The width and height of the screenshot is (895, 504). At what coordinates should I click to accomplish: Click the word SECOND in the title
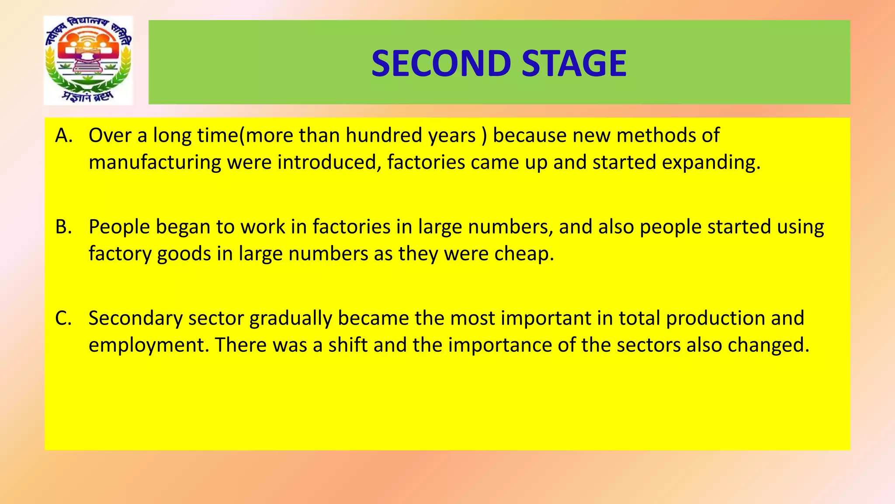pyautogui.click(x=441, y=63)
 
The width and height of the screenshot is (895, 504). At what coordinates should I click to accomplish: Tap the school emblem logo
pyautogui.click(x=88, y=60)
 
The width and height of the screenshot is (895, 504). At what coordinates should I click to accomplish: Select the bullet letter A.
pyautogui.click(x=63, y=136)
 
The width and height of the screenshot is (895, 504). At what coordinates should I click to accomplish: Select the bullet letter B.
pyautogui.click(x=63, y=227)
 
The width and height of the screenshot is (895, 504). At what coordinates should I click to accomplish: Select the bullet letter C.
pyautogui.click(x=63, y=318)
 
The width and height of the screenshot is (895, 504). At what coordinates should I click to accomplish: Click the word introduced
pyautogui.click(x=326, y=163)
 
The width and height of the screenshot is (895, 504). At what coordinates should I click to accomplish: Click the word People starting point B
pyautogui.click(x=119, y=227)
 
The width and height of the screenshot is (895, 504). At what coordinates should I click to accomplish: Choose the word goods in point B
pyautogui.click(x=184, y=254)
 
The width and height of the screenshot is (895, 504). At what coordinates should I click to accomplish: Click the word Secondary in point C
pyautogui.click(x=135, y=318)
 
